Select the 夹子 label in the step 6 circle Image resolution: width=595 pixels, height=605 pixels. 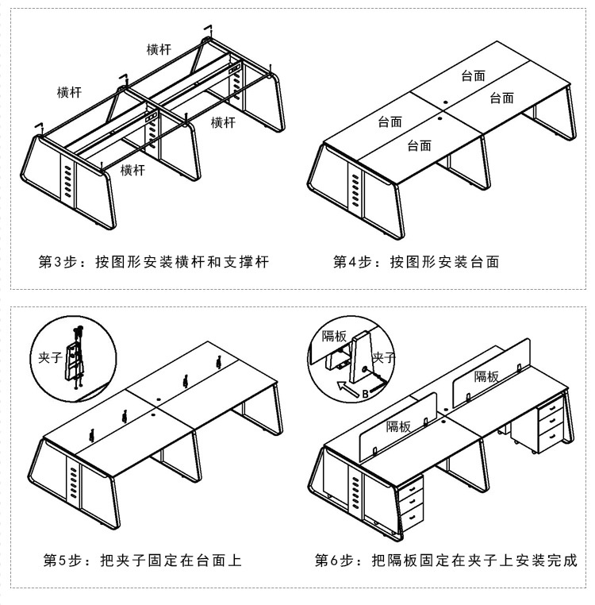(x=384, y=358)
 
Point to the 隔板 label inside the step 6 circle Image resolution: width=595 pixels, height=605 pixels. (x=334, y=336)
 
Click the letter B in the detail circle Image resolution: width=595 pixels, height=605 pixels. (x=364, y=392)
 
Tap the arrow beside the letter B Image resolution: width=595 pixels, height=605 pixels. (x=345, y=387)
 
